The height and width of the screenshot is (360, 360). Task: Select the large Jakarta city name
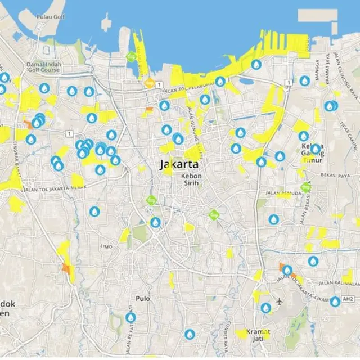click(179, 165)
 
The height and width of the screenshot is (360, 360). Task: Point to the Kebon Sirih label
click(191, 179)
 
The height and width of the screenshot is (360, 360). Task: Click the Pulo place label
click(143, 299)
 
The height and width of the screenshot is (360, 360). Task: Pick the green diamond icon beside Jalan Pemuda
click(306, 187)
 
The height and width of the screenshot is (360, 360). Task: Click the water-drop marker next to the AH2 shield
click(335, 301)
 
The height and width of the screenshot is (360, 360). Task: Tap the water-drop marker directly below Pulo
click(130, 317)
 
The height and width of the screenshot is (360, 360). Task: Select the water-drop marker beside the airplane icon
click(265, 308)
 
